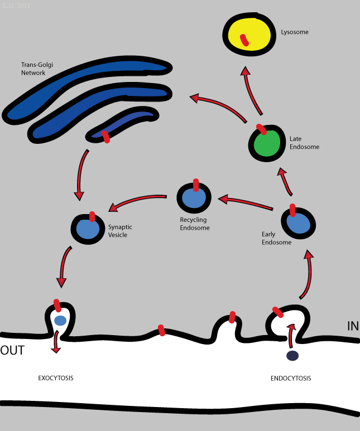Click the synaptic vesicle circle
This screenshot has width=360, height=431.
(88, 229)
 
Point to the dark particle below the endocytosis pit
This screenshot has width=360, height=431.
(292, 356)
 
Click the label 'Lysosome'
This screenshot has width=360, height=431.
(295, 32)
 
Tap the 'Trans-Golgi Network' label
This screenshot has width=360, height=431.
(36, 68)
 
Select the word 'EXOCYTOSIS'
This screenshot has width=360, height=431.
(56, 378)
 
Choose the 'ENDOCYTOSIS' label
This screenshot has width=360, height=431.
(291, 378)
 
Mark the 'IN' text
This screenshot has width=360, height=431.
(353, 326)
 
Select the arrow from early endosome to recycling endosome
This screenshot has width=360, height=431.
(246, 203)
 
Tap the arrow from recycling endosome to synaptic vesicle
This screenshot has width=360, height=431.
(136, 202)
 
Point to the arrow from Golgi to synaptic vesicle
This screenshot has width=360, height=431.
(81, 173)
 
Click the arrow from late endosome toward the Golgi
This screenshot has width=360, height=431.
(218, 104)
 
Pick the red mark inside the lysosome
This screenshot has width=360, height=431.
(244, 40)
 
